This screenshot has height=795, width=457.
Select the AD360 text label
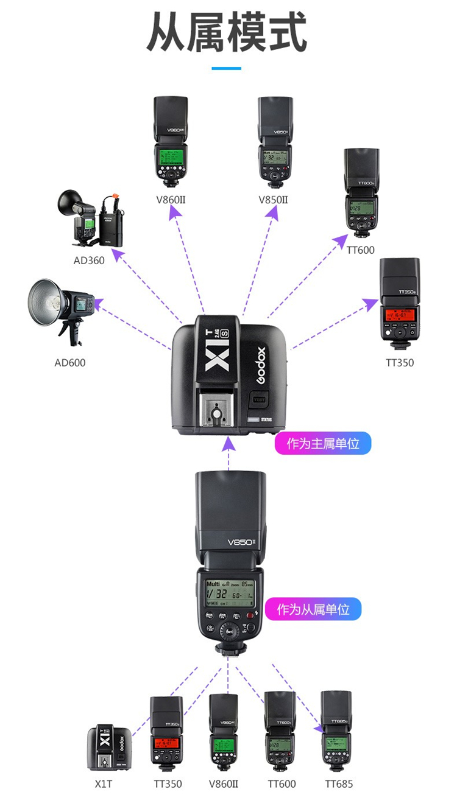tap(88, 261)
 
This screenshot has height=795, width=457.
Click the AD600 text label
tap(70, 363)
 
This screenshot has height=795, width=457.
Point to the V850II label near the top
tap(272, 200)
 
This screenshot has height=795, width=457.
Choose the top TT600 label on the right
tap(361, 250)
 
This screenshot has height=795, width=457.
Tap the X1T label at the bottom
tap(104, 784)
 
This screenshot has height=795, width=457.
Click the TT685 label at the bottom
tap(339, 784)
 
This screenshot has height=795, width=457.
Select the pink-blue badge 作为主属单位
tap(323, 444)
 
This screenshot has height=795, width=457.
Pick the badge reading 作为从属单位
tap(313, 609)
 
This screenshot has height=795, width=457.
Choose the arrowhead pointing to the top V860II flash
tap(175, 212)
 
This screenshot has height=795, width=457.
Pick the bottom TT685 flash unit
tap(337, 731)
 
